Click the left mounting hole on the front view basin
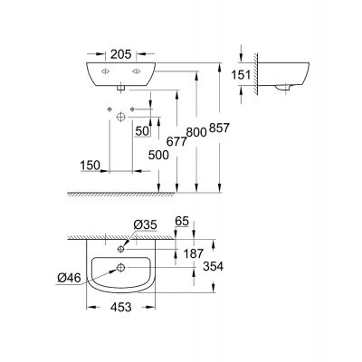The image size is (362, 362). point(106,71)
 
